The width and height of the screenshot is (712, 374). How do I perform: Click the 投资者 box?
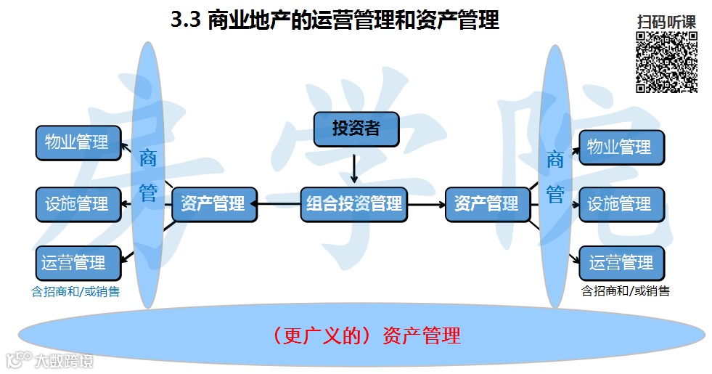pyautogui.click(x=356, y=129)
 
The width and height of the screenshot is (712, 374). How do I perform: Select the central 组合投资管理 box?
pyautogui.click(x=353, y=204)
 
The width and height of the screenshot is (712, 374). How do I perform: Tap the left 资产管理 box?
pyautogui.click(x=213, y=204)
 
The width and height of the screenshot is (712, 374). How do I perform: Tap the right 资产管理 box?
pyautogui.click(x=486, y=204)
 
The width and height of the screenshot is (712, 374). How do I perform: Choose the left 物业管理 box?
pyautogui.click(x=77, y=142)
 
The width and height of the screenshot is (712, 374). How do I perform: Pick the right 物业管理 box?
pyautogui.click(x=621, y=147)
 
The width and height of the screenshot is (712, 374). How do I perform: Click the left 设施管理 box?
pyautogui.click(x=77, y=204)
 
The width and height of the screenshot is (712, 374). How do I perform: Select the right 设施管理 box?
pyautogui.click(x=621, y=205)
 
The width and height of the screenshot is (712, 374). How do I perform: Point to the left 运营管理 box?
pyautogui.click(x=75, y=263)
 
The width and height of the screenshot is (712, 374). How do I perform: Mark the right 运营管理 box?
pyautogui.click(x=621, y=263)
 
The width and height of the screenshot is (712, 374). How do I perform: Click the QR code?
pyautogui.click(x=666, y=62)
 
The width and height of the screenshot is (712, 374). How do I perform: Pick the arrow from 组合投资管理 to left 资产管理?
pyautogui.click(x=279, y=205)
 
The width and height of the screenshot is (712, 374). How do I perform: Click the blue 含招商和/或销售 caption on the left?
pyautogui.click(x=75, y=292)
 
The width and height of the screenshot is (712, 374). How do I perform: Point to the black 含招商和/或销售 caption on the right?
pyautogui.click(x=626, y=291)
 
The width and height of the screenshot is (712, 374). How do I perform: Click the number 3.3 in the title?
pyautogui.click(x=185, y=21)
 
